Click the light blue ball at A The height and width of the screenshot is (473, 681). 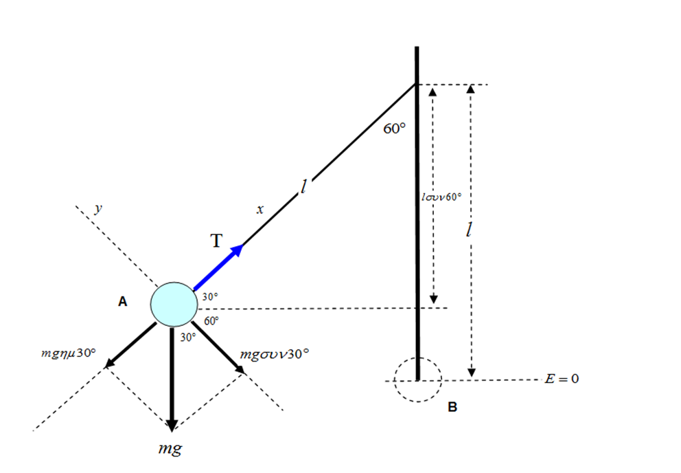point(173,304)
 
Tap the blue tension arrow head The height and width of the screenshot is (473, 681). point(237,250)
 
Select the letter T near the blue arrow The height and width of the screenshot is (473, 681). point(216,240)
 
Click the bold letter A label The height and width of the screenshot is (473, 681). point(123,301)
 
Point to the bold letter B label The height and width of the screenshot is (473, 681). point(452,407)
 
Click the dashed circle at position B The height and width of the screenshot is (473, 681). point(417,379)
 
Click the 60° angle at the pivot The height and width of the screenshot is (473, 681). point(395,129)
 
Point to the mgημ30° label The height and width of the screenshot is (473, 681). point(69,353)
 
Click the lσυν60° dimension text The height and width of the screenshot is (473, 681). point(441,197)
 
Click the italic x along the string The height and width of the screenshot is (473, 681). point(259,210)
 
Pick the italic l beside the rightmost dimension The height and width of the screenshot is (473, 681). point(468,230)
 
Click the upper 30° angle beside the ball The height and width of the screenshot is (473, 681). point(209,297)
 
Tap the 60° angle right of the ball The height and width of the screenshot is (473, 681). point(211,320)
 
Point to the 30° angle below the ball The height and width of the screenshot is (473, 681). point(188,338)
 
